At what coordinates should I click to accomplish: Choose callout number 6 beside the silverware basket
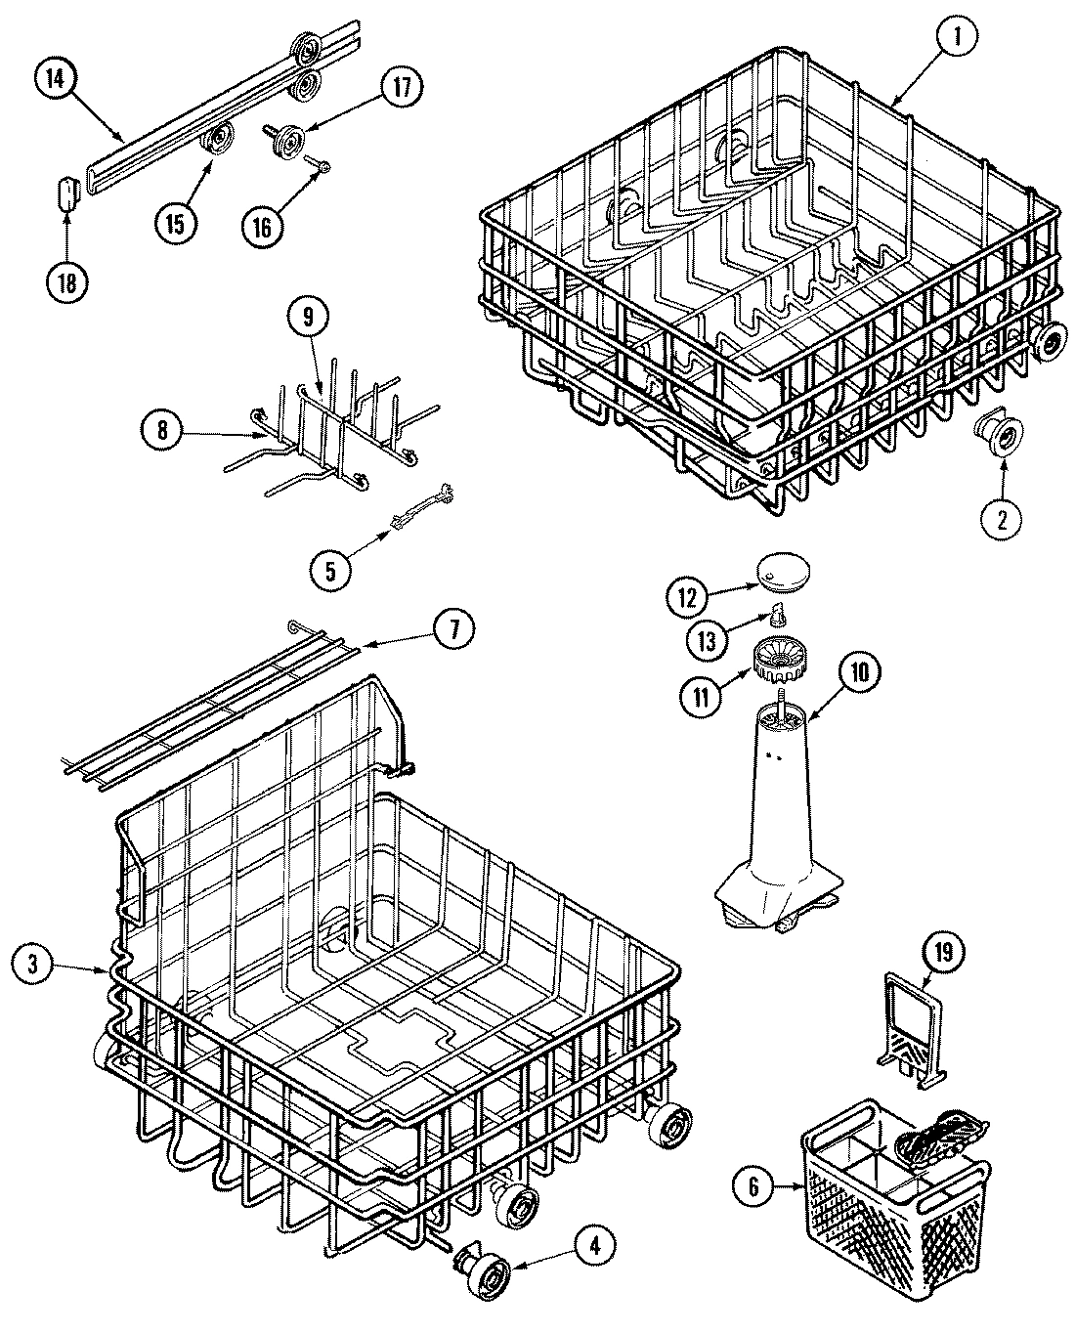[x=752, y=1187]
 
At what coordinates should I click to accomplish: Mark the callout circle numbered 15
[x=176, y=223]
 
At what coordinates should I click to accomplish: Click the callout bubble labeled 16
[x=262, y=224]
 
